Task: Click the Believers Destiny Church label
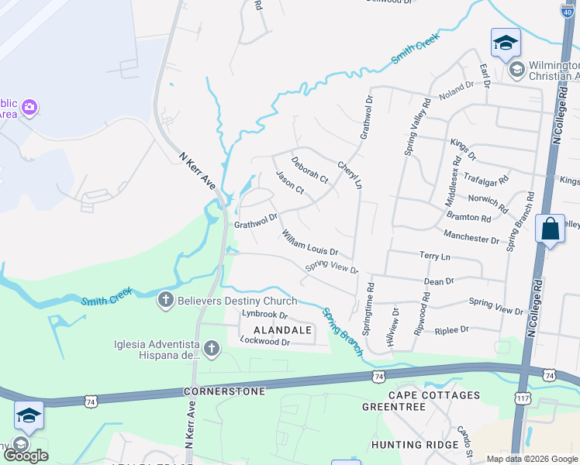pyautogui.click(x=237, y=301)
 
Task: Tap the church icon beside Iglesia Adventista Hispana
pyautogui.click(x=211, y=351)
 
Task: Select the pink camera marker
pyautogui.click(x=29, y=106)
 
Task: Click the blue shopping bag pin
pyautogui.click(x=550, y=229)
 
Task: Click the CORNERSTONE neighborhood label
pyautogui.click(x=225, y=391)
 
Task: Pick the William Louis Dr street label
pyautogui.click(x=310, y=242)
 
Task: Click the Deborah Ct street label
pyautogui.click(x=310, y=170)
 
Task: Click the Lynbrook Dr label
pyautogui.click(x=264, y=315)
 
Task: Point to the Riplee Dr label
pyautogui.click(x=452, y=329)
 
